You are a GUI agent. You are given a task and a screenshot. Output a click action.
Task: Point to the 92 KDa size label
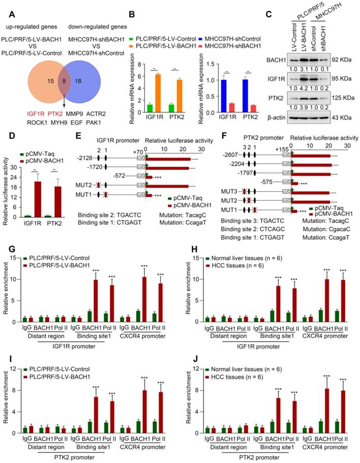click(344, 60)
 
